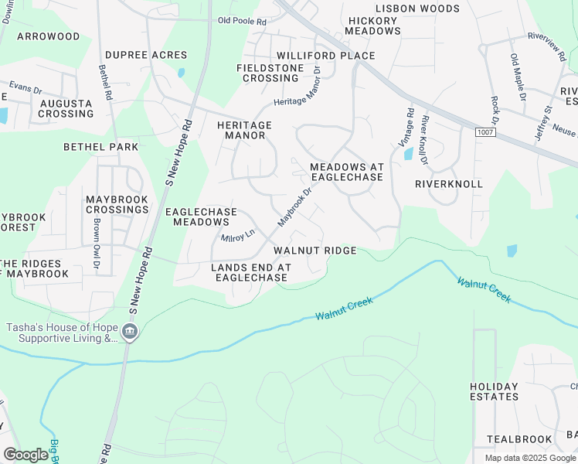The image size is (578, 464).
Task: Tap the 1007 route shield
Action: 485,133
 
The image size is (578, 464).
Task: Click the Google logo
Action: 25,455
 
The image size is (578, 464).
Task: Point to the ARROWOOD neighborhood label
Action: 48,36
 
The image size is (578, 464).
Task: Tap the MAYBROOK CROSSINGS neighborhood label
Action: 117,204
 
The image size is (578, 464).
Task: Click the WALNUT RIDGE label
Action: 314,251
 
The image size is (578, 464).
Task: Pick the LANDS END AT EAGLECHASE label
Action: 251,272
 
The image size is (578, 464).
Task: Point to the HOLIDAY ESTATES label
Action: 495,391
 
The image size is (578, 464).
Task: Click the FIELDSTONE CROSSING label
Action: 271,73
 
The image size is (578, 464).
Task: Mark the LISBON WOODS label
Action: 416,9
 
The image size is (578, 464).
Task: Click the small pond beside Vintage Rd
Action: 407,154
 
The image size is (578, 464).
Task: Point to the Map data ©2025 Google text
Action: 529,458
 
